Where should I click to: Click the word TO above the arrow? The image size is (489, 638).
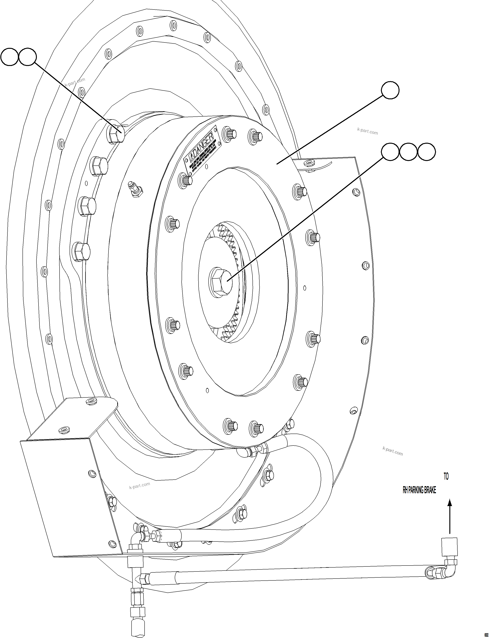tap(446, 476)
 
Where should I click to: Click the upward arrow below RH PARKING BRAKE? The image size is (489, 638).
tap(450, 516)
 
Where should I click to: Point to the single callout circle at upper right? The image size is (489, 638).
tap(390, 90)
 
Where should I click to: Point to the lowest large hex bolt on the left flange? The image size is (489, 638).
tap(80, 251)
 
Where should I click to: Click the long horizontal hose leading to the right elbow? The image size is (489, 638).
tap(291, 576)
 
